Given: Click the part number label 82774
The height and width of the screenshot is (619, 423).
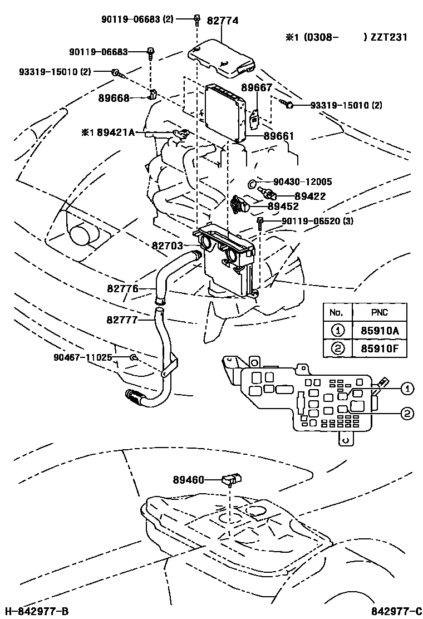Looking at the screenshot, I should tap(222, 21).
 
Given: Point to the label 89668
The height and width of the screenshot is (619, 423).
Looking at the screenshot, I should tap(114, 98).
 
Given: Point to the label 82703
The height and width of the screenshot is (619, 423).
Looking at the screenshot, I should tap(168, 244).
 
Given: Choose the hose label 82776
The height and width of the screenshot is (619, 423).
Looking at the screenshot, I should tap(122, 288).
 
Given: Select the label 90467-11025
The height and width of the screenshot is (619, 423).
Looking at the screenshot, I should tap(83, 357).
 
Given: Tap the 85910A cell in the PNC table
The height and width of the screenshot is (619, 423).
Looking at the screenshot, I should tap(379, 330).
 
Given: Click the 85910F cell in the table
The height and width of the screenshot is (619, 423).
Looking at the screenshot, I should tap(379, 348).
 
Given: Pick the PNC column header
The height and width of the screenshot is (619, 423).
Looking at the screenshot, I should tap(379, 312).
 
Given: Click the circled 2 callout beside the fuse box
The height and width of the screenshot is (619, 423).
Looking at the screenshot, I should tap(407, 412).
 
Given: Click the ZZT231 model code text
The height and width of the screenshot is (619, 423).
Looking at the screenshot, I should tap(389, 37).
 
